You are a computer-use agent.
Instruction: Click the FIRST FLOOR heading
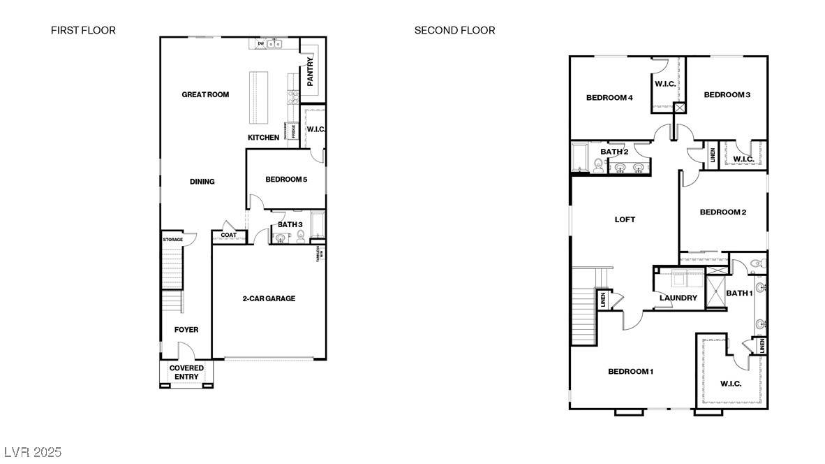(x=83, y=30)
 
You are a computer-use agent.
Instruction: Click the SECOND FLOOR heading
(x=454, y=30)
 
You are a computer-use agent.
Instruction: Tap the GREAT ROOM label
(x=205, y=94)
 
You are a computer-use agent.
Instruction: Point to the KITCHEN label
(x=263, y=138)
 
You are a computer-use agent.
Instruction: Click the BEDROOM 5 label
(x=286, y=180)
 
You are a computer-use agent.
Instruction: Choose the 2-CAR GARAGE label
(x=269, y=298)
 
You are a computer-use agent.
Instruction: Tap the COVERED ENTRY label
(x=187, y=372)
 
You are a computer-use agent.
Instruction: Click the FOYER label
(x=186, y=330)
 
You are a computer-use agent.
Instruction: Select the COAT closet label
(x=228, y=235)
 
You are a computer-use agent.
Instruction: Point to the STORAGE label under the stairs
(x=173, y=240)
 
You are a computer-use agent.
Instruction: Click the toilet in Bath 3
(x=301, y=237)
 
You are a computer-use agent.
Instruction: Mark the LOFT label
(x=625, y=219)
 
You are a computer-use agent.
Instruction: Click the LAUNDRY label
(x=678, y=298)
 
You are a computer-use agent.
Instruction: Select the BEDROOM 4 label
(x=609, y=98)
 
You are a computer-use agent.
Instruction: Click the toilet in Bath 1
(x=756, y=263)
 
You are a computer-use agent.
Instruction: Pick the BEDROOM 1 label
(x=630, y=371)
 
